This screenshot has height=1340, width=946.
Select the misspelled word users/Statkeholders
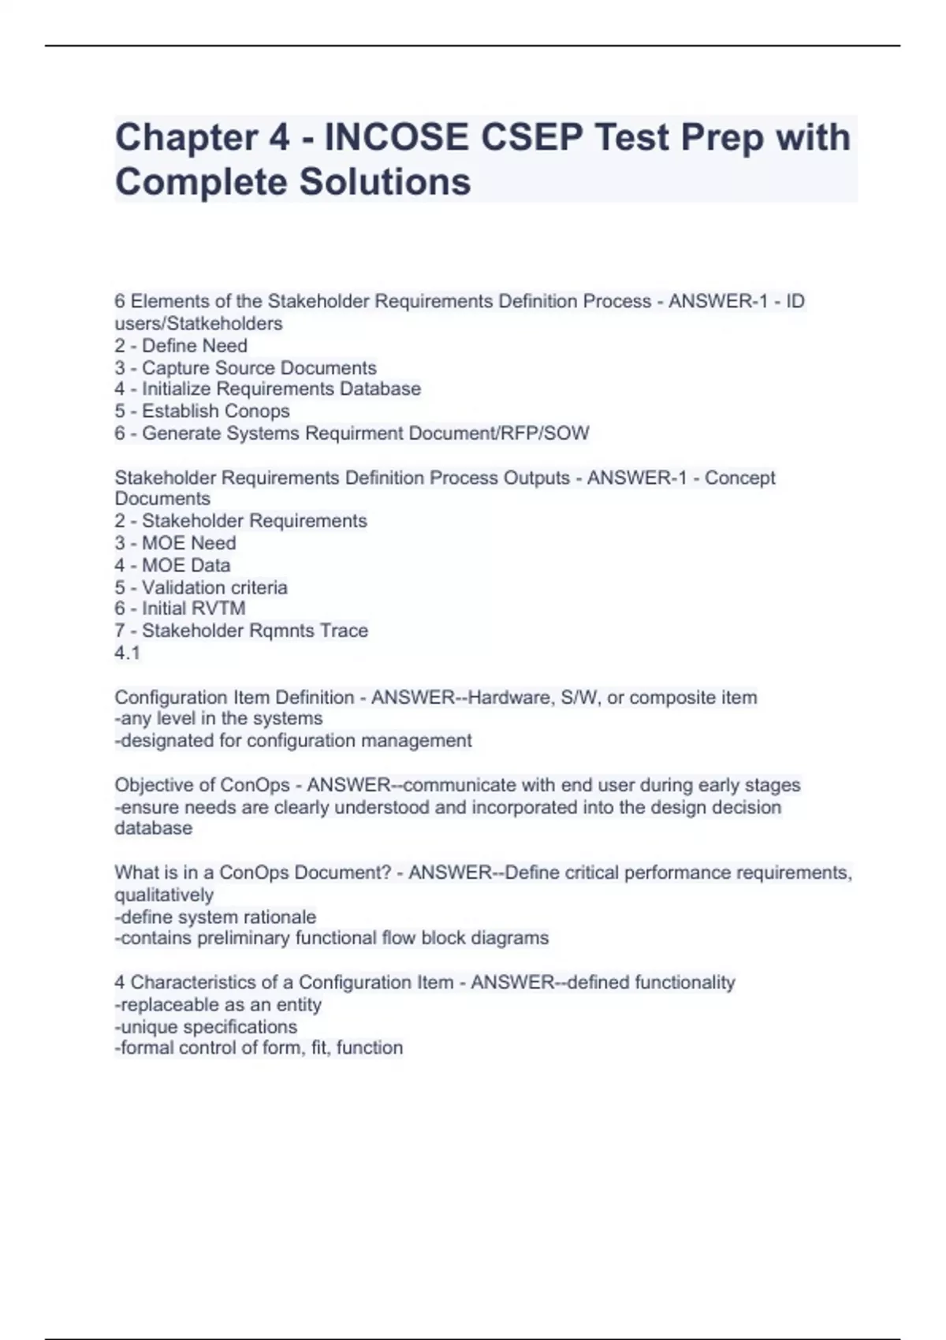coord(198,323)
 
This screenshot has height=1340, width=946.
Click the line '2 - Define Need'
coord(181,345)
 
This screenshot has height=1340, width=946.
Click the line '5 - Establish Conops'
coord(202,411)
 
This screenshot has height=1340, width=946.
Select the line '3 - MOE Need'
coord(175,542)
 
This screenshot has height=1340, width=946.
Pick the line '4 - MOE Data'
coord(172,564)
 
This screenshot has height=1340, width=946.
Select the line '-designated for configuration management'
coord(293,740)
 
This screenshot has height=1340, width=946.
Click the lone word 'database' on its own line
coord(153,828)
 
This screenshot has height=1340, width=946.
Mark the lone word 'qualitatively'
coord(164,895)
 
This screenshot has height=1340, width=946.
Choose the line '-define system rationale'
coord(215,917)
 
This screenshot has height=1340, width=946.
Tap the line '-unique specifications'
coord(206,1026)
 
